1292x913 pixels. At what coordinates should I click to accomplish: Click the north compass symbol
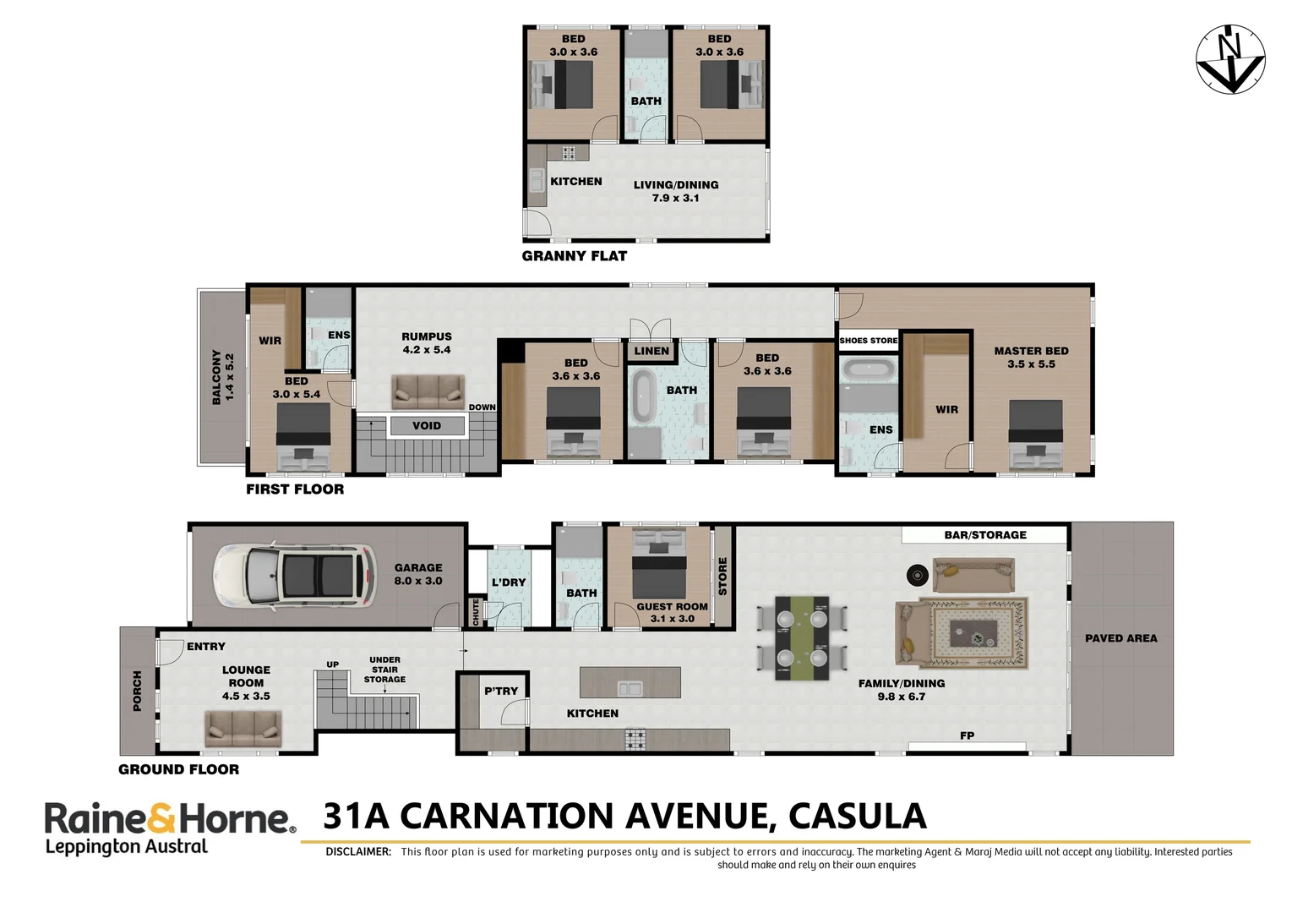[x=1230, y=59]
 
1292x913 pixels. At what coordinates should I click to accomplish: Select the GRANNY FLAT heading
[x=575, y=256]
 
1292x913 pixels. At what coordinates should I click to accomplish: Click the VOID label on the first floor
[x=427, y=426]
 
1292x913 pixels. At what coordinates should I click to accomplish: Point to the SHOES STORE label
[x=869, y=341]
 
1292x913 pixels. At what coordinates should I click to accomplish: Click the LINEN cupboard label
[x=651, y=351]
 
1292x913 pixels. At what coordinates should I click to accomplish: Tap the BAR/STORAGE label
[x=985, y=535]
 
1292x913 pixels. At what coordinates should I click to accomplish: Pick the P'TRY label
[x=501, y=692]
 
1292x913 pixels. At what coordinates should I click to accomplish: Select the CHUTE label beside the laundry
[x=476, y=611]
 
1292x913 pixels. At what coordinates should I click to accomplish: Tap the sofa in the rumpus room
[x=428, y=391]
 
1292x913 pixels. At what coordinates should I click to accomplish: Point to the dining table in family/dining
[x=802, y=638]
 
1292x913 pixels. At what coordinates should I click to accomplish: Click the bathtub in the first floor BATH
[x=643, y=395]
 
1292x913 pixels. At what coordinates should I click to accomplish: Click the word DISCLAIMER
[x=358, y=852]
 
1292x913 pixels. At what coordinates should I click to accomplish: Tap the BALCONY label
[x=223, y=377]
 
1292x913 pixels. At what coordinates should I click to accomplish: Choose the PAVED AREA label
[x=1120, y=638]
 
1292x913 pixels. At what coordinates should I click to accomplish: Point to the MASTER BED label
[x=1031, y=351]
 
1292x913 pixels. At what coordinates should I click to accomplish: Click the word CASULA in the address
[x=857, y=817]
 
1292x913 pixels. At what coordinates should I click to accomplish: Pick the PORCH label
[x=138, y=691]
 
